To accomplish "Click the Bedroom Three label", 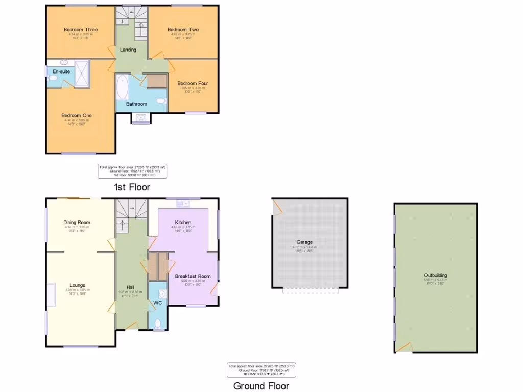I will pos(80,30).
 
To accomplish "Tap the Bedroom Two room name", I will pos(183,30).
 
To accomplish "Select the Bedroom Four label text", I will pos(193,83).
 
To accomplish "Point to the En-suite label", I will pos(61,71).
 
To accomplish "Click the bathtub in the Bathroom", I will pos(123,87).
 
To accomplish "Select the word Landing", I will pos(128,50).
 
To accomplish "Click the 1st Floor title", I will pos(132,187).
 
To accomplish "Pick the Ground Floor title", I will pos(261,386).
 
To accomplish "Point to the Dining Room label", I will pos(77,223).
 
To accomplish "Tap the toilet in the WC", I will pos(158,324).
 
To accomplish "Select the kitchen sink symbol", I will pos(183,204).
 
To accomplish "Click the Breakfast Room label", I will pos(193,276).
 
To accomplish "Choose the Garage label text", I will pos(304,242).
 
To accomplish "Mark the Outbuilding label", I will pos(435,275).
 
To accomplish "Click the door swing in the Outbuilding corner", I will pos(403,347).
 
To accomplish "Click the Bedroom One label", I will pos(77,116).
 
